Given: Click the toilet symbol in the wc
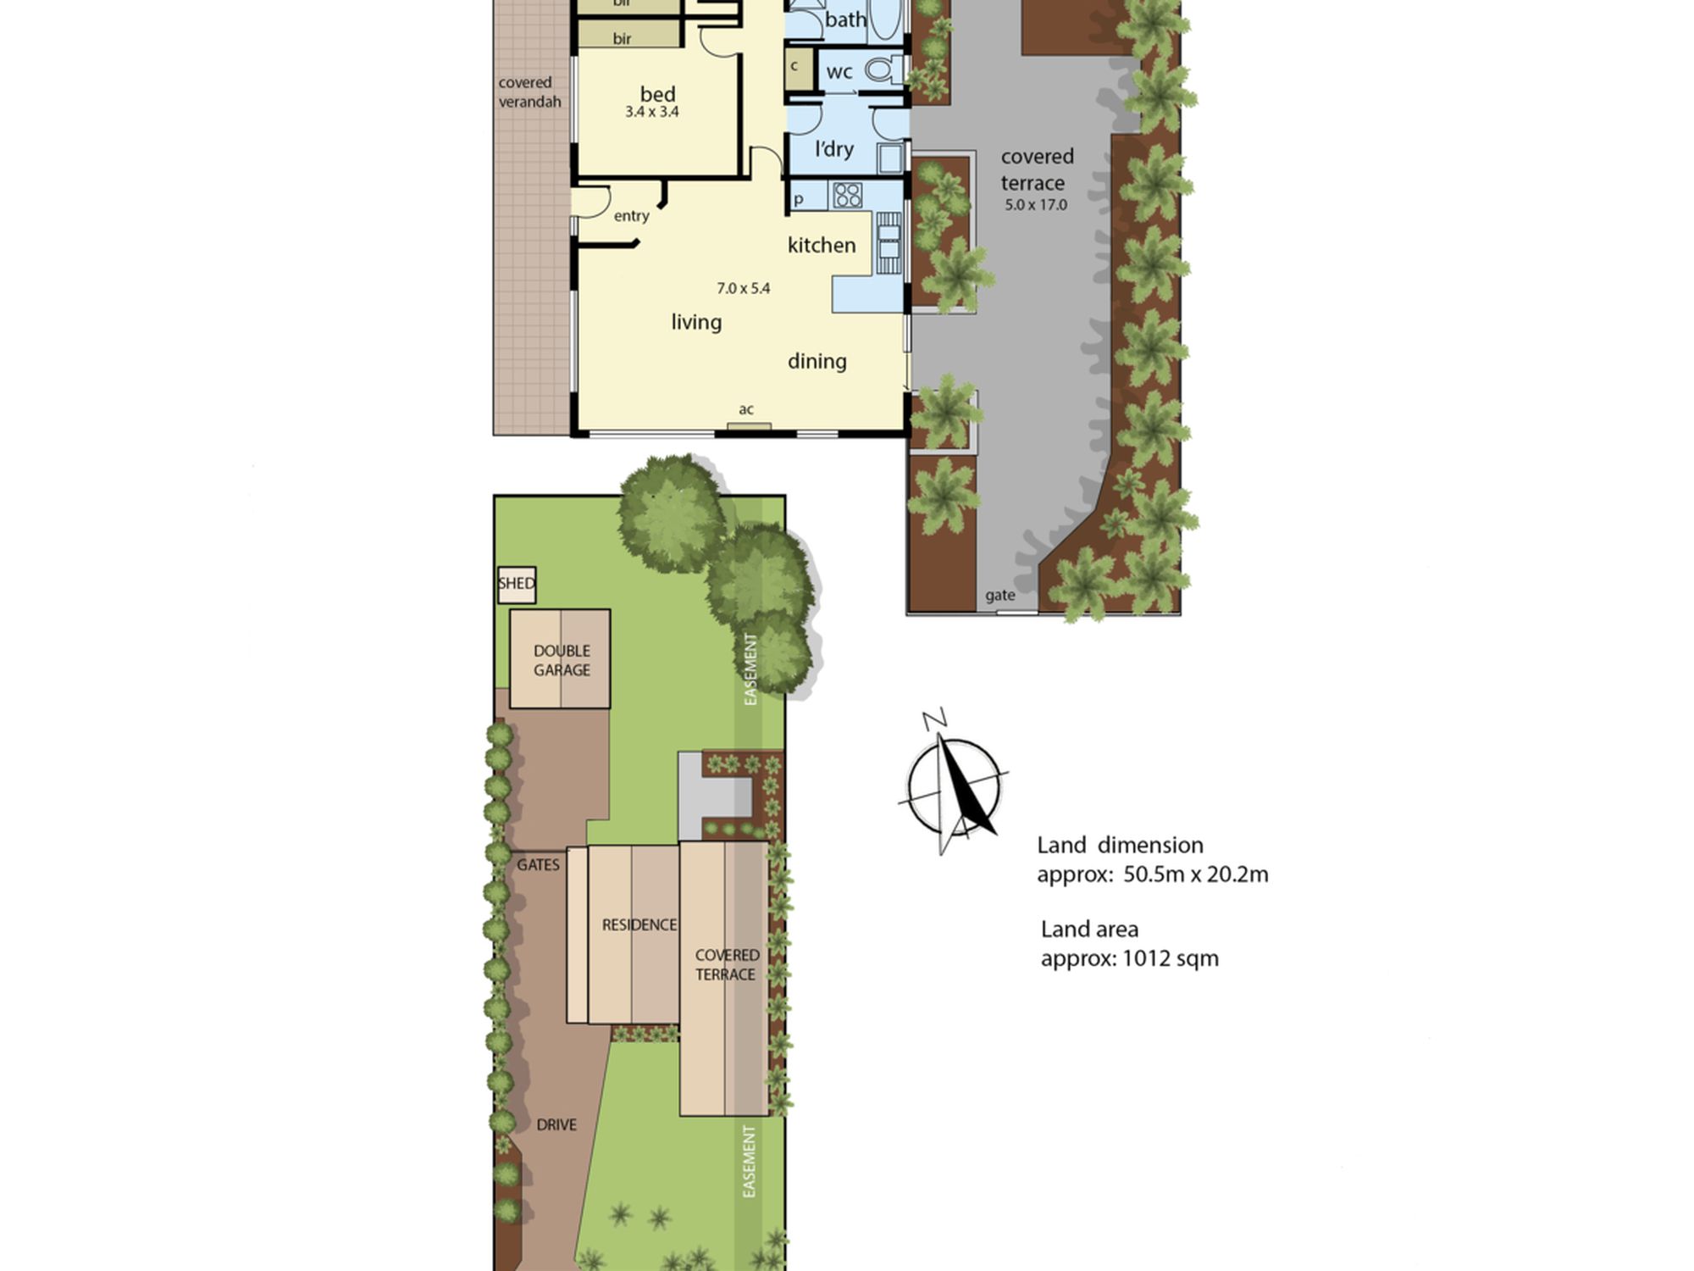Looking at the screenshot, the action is click(x=881, y=69).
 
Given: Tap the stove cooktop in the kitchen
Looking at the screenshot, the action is click(x=847, y=195).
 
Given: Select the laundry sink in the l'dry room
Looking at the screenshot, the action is click(x=890, y=158).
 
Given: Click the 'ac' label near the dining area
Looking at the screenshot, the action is click(x=745, y=410).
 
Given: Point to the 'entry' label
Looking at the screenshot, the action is click(x=632, y=216).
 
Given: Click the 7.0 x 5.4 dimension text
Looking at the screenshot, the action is click(x=744, y=288).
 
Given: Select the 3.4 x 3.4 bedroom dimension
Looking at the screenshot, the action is click(x=652, y=112).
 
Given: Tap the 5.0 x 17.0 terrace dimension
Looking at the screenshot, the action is click(x=1036, y=205).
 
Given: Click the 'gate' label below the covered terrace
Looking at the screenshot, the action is click(x=1000, y=596).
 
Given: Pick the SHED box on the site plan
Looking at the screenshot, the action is click(x=517, y=585).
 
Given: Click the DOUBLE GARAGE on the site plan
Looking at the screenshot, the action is click(x=560, y=659).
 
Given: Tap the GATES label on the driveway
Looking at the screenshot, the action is click(x=539, y=865).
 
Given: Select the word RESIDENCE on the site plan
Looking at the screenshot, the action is click(x=639, y=925).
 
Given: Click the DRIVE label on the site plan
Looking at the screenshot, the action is click(x=556, y=1125).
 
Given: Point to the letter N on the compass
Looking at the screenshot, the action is click(x=934, y=720).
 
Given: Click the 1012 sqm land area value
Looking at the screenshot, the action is click(x=1171, y=959).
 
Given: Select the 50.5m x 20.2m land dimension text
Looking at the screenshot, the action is click(x=1196, y=874).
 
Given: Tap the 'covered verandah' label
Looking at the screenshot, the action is click(x=529, y=92).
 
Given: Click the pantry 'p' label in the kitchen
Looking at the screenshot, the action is click(x=798, y=200).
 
